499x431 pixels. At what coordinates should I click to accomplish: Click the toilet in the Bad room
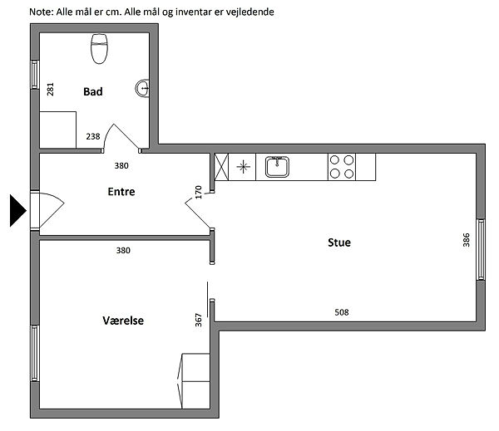(x=99, y=49)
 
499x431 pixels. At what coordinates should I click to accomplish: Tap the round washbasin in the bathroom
(x=142, y=88)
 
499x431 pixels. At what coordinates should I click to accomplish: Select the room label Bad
(x=93, y=91)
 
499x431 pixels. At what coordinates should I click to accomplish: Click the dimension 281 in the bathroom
(x=50, y=90)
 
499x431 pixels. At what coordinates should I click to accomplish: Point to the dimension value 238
(x=93, y=136)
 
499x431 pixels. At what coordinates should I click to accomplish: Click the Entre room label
(x=121, y=192)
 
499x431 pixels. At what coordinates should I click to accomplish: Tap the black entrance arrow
(x=18, y=211)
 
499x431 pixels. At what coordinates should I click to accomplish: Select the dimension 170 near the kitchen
(x=199, y=193)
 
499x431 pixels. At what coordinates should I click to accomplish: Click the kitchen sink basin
(x=277, y=167)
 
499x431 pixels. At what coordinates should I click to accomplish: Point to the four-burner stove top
(x=342, y=167)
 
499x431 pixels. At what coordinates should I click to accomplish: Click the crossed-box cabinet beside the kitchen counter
(x=221, y=167)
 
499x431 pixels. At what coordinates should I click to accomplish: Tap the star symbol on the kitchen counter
(x=244, y=167)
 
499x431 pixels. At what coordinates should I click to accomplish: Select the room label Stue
(x=339, y=242)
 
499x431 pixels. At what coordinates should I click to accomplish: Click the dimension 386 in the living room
(x=467, y=240)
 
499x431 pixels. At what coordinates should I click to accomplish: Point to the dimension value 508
(x=342, y=312)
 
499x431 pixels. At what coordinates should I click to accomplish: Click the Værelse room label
(x=123, y=321)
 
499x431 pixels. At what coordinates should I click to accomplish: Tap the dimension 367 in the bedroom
(x=199, y=320)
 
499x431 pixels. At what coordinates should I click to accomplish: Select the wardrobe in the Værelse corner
(x=194, y=381)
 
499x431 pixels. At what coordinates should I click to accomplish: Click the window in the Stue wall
(x=481, y=249)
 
